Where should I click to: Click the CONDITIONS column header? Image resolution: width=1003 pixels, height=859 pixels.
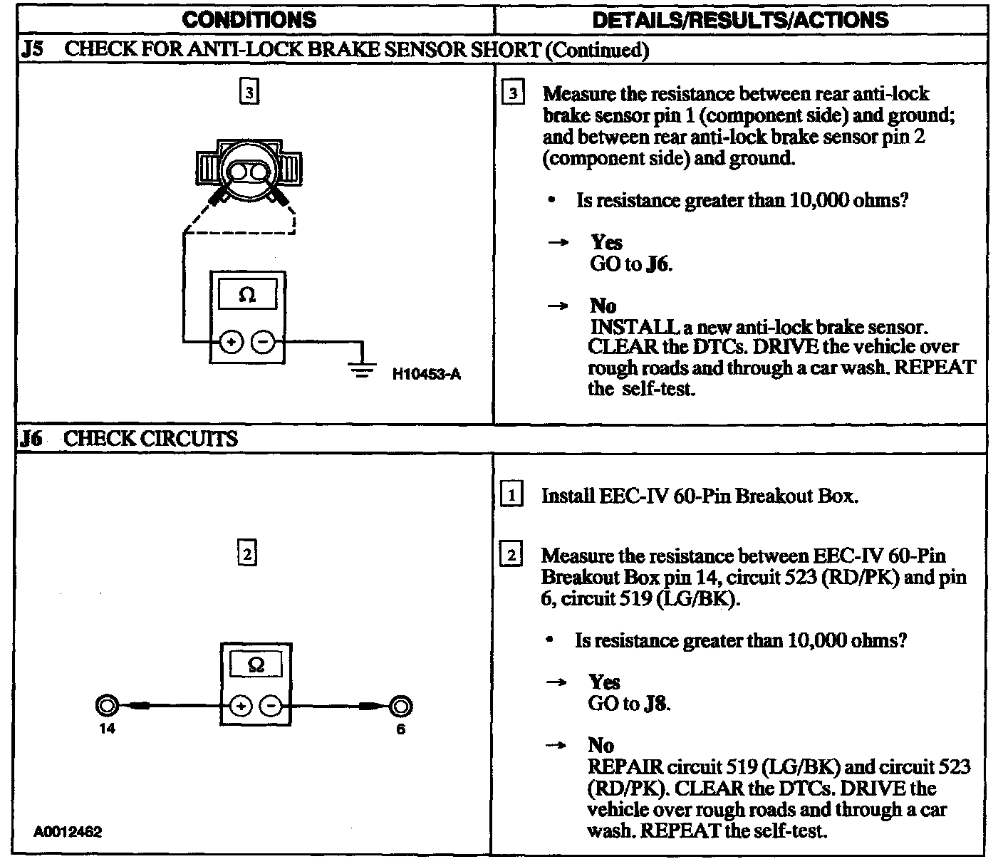pyautogui.click(x=249, y=19)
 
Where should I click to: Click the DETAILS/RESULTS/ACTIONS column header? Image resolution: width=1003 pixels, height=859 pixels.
pyautogui.click(x=740, y=19)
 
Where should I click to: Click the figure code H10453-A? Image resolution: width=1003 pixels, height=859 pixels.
pyautogui.click(x=427, y=374)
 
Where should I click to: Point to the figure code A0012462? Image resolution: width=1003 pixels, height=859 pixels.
pyautogui.click(x=67, y=831)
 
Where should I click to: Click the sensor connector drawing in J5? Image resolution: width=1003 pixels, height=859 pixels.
pyautogui.click(x=248, y=171)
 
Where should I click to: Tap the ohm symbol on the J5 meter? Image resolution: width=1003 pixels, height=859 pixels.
pyautogui.click(x=247, y=294)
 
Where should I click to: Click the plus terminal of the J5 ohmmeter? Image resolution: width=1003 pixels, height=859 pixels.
pyautogui.click(x=231, y=343)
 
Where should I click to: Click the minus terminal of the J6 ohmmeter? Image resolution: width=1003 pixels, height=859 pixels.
pyautogui.click(x=272, y=706)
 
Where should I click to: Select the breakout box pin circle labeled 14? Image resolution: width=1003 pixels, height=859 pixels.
pyautogui.click(x=107, y=705)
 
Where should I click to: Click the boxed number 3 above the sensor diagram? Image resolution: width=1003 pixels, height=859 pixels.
pyautogui.click(x=248, y=93)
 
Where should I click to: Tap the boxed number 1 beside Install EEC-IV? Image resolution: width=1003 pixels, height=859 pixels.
pyautogui.click(x=512, y=495)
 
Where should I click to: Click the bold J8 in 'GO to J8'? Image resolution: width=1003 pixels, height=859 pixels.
pyautogui.click(x=656, y=704)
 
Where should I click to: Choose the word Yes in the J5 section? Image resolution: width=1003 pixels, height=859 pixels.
pyautogui.click(x=607, y=242)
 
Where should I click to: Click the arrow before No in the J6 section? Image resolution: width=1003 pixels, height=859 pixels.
pyautogui.click(x=556, y=745)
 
